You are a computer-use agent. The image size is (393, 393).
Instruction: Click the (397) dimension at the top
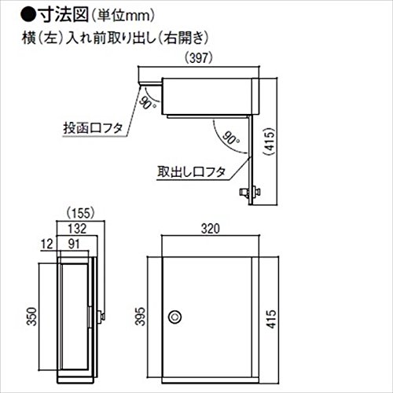[198, 58]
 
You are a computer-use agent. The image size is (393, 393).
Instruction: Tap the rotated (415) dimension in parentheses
[270, 142]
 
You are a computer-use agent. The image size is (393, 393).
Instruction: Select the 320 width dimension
[211, 229]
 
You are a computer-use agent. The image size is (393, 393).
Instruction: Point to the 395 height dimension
[140, 316]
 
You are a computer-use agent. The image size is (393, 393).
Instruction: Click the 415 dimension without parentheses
[271, 319]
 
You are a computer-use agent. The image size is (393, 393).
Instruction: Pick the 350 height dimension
[31, 317]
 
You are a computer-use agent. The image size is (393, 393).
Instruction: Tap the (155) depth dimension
[80, 213]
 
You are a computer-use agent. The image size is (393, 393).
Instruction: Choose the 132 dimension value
[77, 229]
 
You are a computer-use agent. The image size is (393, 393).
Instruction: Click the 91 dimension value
[74, 244]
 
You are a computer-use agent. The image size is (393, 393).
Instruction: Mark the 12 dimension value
[47, 244]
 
